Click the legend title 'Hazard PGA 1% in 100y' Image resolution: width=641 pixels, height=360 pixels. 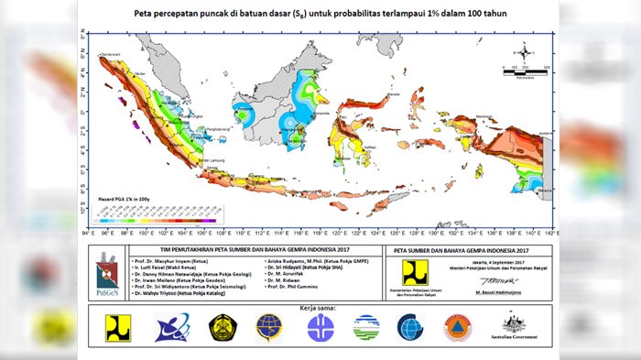pos(125,197)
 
